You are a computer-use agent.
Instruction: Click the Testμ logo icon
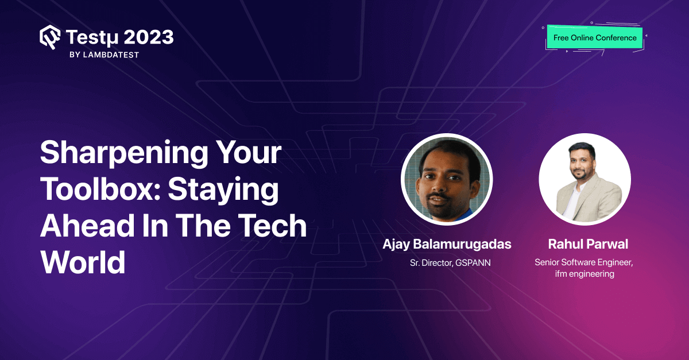[x=50, y=38]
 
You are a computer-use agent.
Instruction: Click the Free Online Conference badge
[x=595, y=38]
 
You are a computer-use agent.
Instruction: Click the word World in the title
[x=83, y=262]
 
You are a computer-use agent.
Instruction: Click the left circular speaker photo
[x=447, y=179]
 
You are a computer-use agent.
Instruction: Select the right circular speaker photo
[x=585, y=179]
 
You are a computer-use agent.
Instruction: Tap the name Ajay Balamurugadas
[x=447, y=244]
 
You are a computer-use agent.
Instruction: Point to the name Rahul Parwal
[x=585, y=244]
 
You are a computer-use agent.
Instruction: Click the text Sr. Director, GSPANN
[x=447, y=263]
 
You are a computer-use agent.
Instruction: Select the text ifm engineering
[x=585, y=274]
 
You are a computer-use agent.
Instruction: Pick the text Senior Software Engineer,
[x=585, y=262]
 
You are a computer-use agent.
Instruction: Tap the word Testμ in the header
[x=92, y=38]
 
